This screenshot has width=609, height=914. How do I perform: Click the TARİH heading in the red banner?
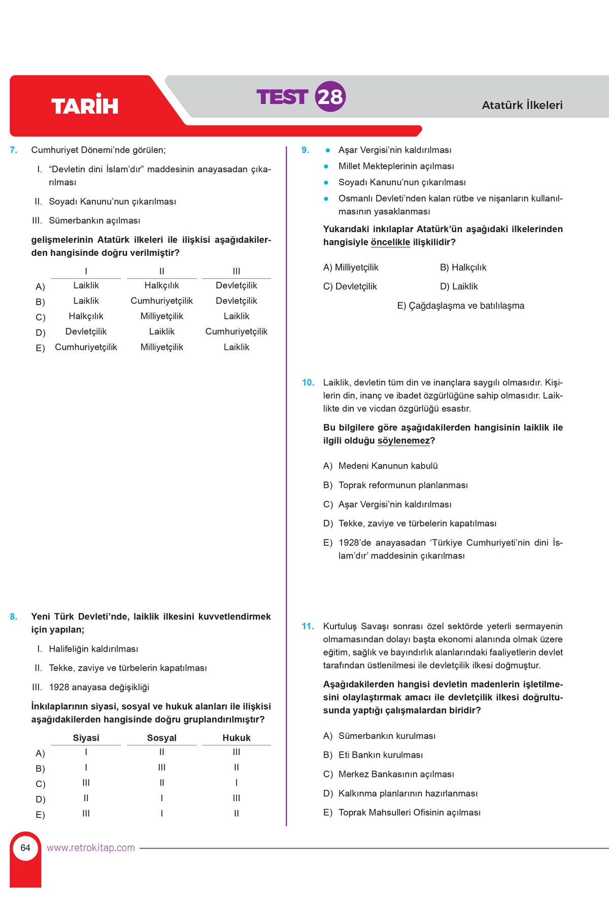click(85, 105)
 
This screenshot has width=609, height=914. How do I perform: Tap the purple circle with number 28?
click(330, 96)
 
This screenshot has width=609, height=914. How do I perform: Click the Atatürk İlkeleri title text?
click(522, 105)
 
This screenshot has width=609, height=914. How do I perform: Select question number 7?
click(14, 150)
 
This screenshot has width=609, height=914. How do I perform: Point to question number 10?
click(308, 382)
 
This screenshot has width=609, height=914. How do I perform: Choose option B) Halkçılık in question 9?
click(463, 267)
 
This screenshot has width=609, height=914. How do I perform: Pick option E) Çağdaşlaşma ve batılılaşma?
click(460, 306)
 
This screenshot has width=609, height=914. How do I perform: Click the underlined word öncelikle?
click(390, 242)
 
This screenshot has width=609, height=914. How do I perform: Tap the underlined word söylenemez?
click(403, 441)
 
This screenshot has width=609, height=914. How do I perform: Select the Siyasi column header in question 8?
click(86, 738)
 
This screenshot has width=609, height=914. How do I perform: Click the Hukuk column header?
click(236, 738)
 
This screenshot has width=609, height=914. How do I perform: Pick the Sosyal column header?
click(162, 738)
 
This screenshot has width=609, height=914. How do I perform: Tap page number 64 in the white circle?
click(25, 847)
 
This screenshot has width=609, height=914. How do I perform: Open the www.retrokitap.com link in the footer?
click(91, 847)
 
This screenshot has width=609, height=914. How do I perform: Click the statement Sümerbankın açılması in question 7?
click(94, 220)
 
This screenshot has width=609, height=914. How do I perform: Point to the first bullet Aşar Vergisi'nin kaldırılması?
click(394, 150)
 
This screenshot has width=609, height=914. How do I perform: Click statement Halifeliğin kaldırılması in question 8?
click(93, 649)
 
